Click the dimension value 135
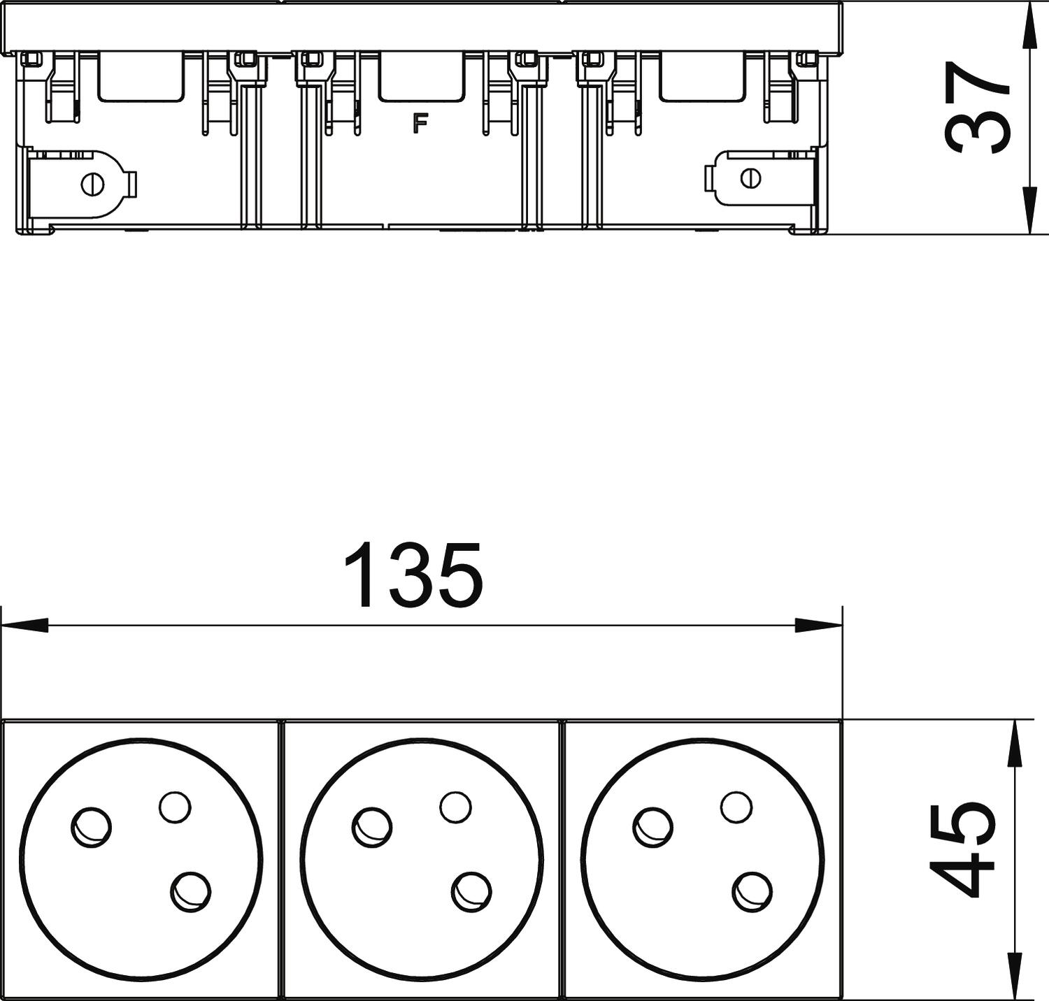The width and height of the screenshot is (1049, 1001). pos(414,575)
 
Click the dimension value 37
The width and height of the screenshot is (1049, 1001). pos(978,106)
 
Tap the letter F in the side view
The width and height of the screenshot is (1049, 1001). pos(420,123)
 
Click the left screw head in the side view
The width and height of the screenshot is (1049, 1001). pos(92,185)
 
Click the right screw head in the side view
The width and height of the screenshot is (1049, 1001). pos(750,178)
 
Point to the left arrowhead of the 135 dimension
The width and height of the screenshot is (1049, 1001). pos(25,625)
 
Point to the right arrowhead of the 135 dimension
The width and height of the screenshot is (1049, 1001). pos(819,625)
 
